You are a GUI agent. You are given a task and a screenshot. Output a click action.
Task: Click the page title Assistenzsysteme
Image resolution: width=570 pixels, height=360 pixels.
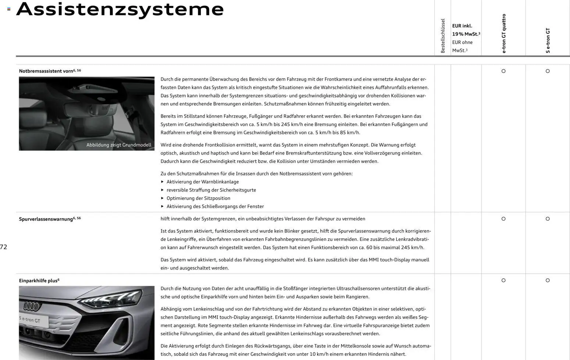click(120, 9)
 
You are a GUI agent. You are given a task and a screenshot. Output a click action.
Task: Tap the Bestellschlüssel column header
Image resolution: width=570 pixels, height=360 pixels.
click(443, 36)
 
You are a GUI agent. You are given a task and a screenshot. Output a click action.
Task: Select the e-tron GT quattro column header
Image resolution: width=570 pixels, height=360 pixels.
click(504, 33)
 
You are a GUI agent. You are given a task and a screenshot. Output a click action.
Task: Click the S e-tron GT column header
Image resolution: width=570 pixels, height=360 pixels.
click(548, 40)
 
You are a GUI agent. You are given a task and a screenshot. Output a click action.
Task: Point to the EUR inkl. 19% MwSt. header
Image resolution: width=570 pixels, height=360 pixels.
click(466, 30)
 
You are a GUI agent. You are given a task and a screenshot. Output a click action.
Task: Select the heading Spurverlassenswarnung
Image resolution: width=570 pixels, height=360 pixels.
click(46, 219)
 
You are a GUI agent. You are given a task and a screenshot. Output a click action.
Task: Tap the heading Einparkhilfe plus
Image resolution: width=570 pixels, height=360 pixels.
click(38, 281)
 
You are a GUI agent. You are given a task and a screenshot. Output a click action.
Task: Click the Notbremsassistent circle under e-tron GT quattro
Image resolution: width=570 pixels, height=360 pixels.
click(503, 71)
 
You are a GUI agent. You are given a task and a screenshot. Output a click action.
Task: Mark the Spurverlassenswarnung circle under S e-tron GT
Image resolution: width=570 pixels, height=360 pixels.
click(548, 219)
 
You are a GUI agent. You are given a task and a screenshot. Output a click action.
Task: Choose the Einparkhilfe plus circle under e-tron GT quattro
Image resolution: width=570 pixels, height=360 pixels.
click(503, 280)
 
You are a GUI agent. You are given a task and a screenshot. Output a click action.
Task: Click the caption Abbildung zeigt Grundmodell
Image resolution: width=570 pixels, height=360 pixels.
click(119, 145)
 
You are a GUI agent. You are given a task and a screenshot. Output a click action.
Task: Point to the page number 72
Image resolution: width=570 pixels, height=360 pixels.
click(4, 247)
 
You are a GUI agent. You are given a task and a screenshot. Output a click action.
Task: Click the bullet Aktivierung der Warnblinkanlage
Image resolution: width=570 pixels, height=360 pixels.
click(202, 182)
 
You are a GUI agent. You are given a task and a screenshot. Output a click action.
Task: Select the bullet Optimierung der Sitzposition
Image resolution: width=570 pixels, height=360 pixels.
click(198, 198)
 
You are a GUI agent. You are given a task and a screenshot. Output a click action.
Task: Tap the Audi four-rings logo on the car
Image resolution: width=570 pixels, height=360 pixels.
click(32, 306)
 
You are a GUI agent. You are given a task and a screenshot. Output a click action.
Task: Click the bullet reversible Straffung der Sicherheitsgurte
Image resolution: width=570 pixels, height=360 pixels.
click(211, 190)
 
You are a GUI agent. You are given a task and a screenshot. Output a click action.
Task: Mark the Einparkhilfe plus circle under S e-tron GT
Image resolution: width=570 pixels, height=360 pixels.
click(548, 280)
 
